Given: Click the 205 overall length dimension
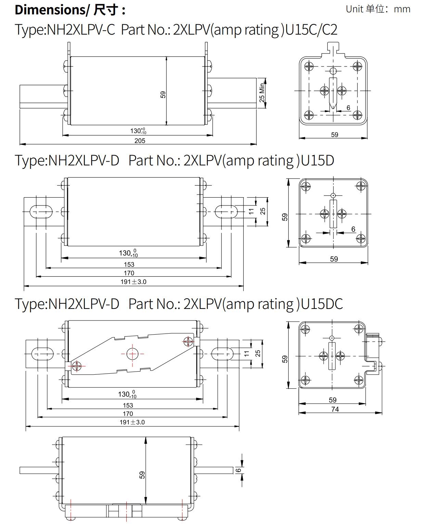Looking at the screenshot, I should (x=140, y=141).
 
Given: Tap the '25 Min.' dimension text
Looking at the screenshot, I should (x=262, y=92).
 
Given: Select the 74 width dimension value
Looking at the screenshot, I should (x=335, y=409).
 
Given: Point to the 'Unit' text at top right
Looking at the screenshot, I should (x=354, y=9).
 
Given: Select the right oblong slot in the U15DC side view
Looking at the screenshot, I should (x=222, y=353).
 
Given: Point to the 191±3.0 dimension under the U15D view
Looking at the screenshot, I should (x=133, y=282).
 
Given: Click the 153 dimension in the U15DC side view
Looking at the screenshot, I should (x=128, y=406).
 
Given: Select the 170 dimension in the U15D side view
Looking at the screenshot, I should (x=129, y=273).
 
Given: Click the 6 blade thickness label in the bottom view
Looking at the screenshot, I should (x=239, y=470).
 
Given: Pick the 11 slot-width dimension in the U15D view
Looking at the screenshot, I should (x=252, y=211).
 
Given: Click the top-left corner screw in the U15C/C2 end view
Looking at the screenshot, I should (x=309, y=66).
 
